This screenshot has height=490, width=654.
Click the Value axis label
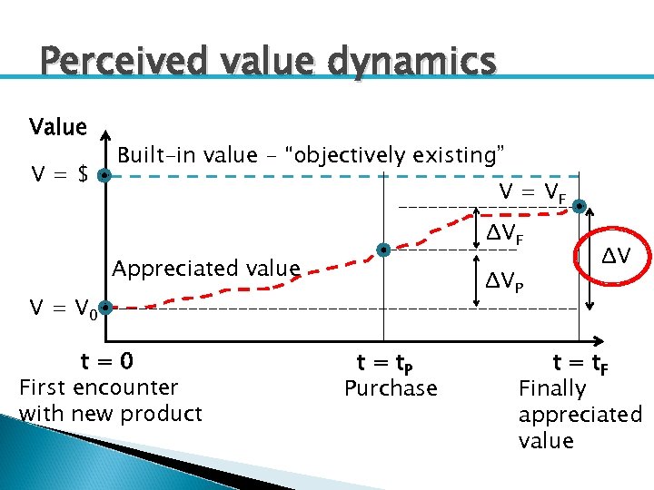tap(58, 127)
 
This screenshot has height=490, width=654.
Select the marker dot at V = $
tap(105, 176)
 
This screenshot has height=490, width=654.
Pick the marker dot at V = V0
tap(105, 309)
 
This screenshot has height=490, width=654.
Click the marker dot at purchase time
tap(384, 250)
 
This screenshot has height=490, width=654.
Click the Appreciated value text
tap(205, 269)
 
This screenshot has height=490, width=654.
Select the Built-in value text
tap(312, 155)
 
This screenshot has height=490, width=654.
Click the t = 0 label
tap(106, 362)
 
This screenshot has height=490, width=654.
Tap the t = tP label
tap(387, 363)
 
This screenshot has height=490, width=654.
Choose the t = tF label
tap(581, 363)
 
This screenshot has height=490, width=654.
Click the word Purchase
tap(391, 388)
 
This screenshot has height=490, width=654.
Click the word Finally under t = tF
tap(552, 388)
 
